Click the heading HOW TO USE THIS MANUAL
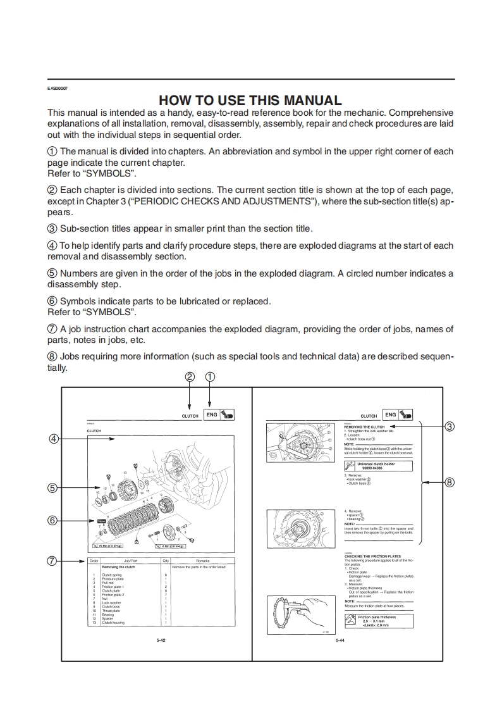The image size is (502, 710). coord(250,100)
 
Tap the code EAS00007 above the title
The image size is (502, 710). coord(58,88)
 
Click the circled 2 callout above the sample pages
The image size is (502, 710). coord(190,377)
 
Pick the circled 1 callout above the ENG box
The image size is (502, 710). coord(210,377)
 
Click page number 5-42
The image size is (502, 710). coord(161,640)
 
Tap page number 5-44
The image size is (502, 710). coord(340,640)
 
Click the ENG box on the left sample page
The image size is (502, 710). coord(212,415)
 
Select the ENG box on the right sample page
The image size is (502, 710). coord(391,415)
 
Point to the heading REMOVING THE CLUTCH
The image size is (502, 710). coord(364,427)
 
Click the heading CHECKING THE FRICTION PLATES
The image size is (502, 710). coord(372,556)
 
